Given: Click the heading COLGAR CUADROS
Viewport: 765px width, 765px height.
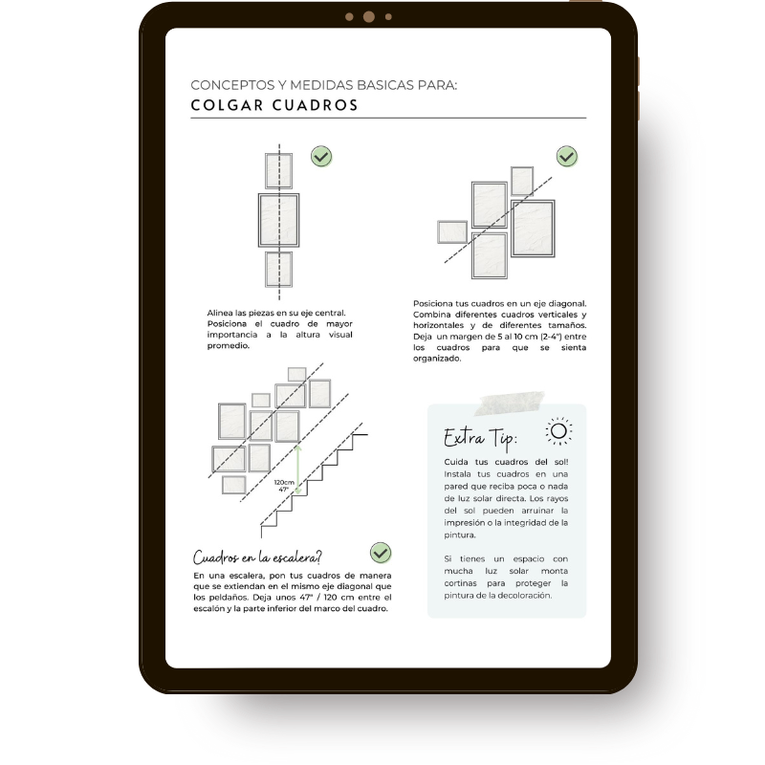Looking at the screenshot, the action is click(274, 105).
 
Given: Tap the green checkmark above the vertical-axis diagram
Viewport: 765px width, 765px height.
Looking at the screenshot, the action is click(321, 156).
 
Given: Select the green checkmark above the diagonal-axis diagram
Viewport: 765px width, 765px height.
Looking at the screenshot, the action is click(566, 156).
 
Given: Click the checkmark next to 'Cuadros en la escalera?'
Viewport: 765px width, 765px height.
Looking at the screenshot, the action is click(380, 553).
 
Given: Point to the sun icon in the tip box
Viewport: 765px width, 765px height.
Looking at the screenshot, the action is click(558, 431).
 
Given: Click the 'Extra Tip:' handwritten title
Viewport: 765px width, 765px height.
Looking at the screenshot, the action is click(480, 438).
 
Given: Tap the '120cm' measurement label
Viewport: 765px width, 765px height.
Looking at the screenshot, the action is click(284, 483).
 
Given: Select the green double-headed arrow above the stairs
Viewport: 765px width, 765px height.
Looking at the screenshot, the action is click(298, 469).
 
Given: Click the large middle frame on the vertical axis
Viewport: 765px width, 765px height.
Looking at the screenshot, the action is click(278, 220).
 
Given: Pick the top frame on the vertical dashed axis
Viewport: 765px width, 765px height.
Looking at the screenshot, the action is click(278, 171).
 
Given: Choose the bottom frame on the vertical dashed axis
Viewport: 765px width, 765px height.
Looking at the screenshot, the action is click(278, 270).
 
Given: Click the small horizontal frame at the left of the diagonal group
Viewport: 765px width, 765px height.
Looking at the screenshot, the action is click(452, 231).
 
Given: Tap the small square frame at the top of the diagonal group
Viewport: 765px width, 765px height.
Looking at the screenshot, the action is click(521, 181).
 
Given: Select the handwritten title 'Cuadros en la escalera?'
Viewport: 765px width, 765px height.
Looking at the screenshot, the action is click(257, 557).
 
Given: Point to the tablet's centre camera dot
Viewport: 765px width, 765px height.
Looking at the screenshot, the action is click(369, 17).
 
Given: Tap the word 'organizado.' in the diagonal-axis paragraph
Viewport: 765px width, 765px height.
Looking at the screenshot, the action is click(437, 359).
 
